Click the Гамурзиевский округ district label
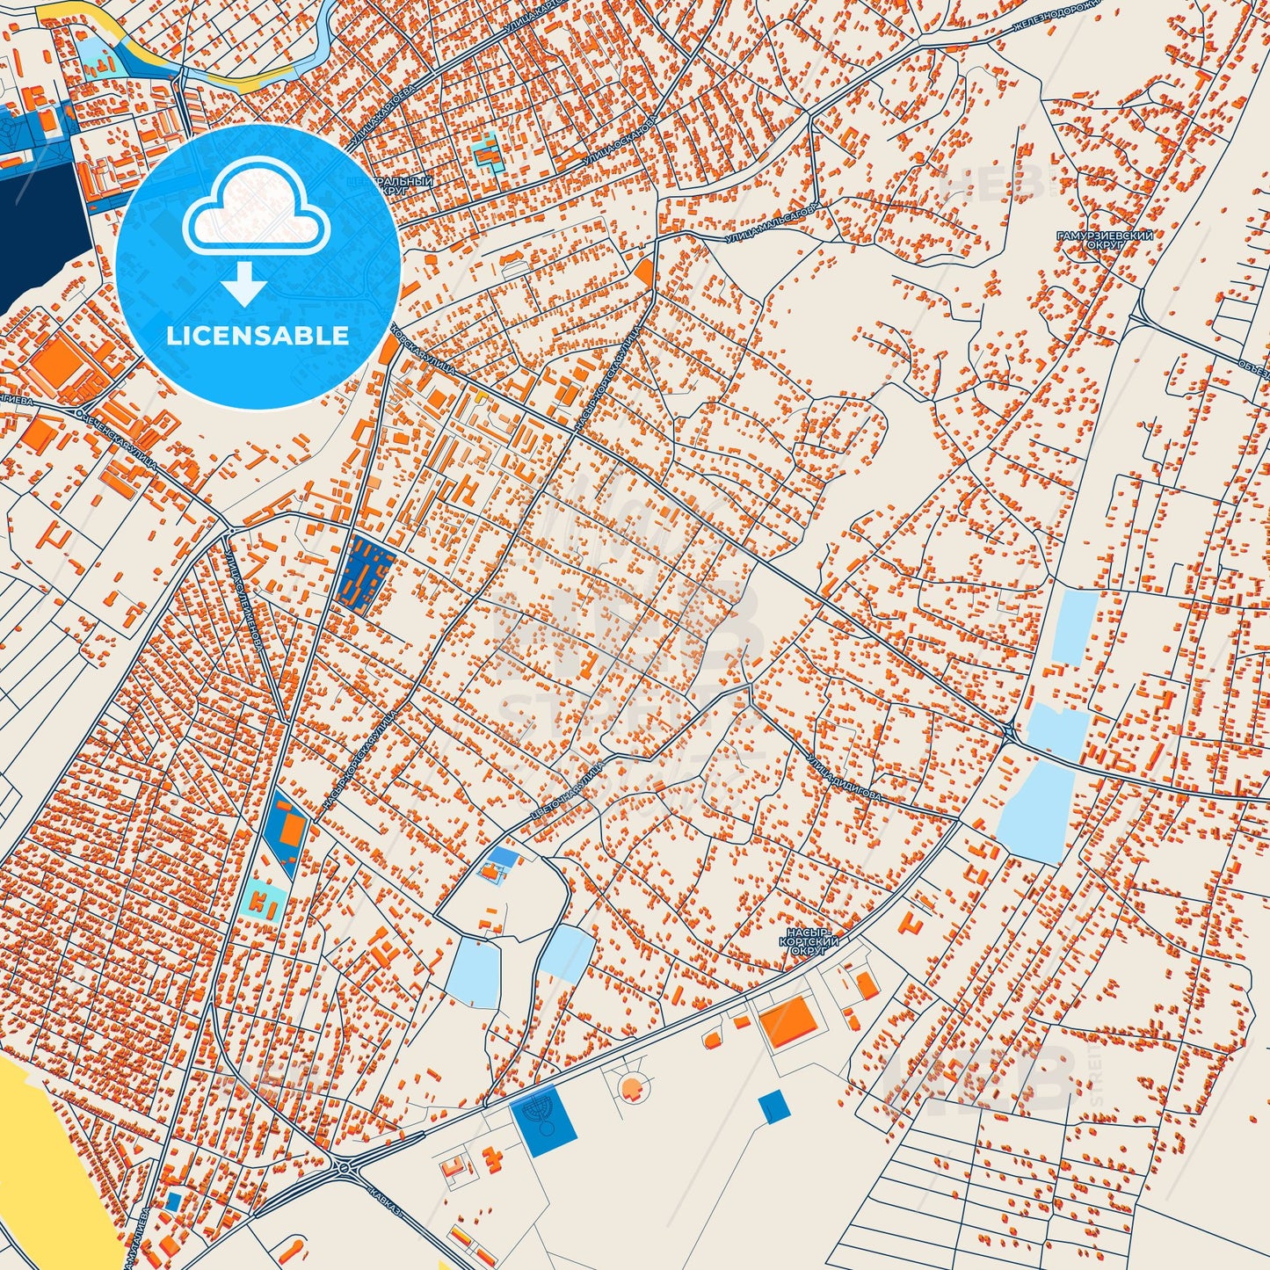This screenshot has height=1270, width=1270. coord(1105,241)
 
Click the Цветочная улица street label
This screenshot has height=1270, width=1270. coord(567,794)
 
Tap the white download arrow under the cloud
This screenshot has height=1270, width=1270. coord(244,285)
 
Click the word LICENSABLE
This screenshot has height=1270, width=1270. coord(258,335)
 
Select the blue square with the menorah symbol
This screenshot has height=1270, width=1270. coord(543,1120)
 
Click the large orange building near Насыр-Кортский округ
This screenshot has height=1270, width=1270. coord(787,1023)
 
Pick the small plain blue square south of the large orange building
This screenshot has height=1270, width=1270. coord(773,1106)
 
